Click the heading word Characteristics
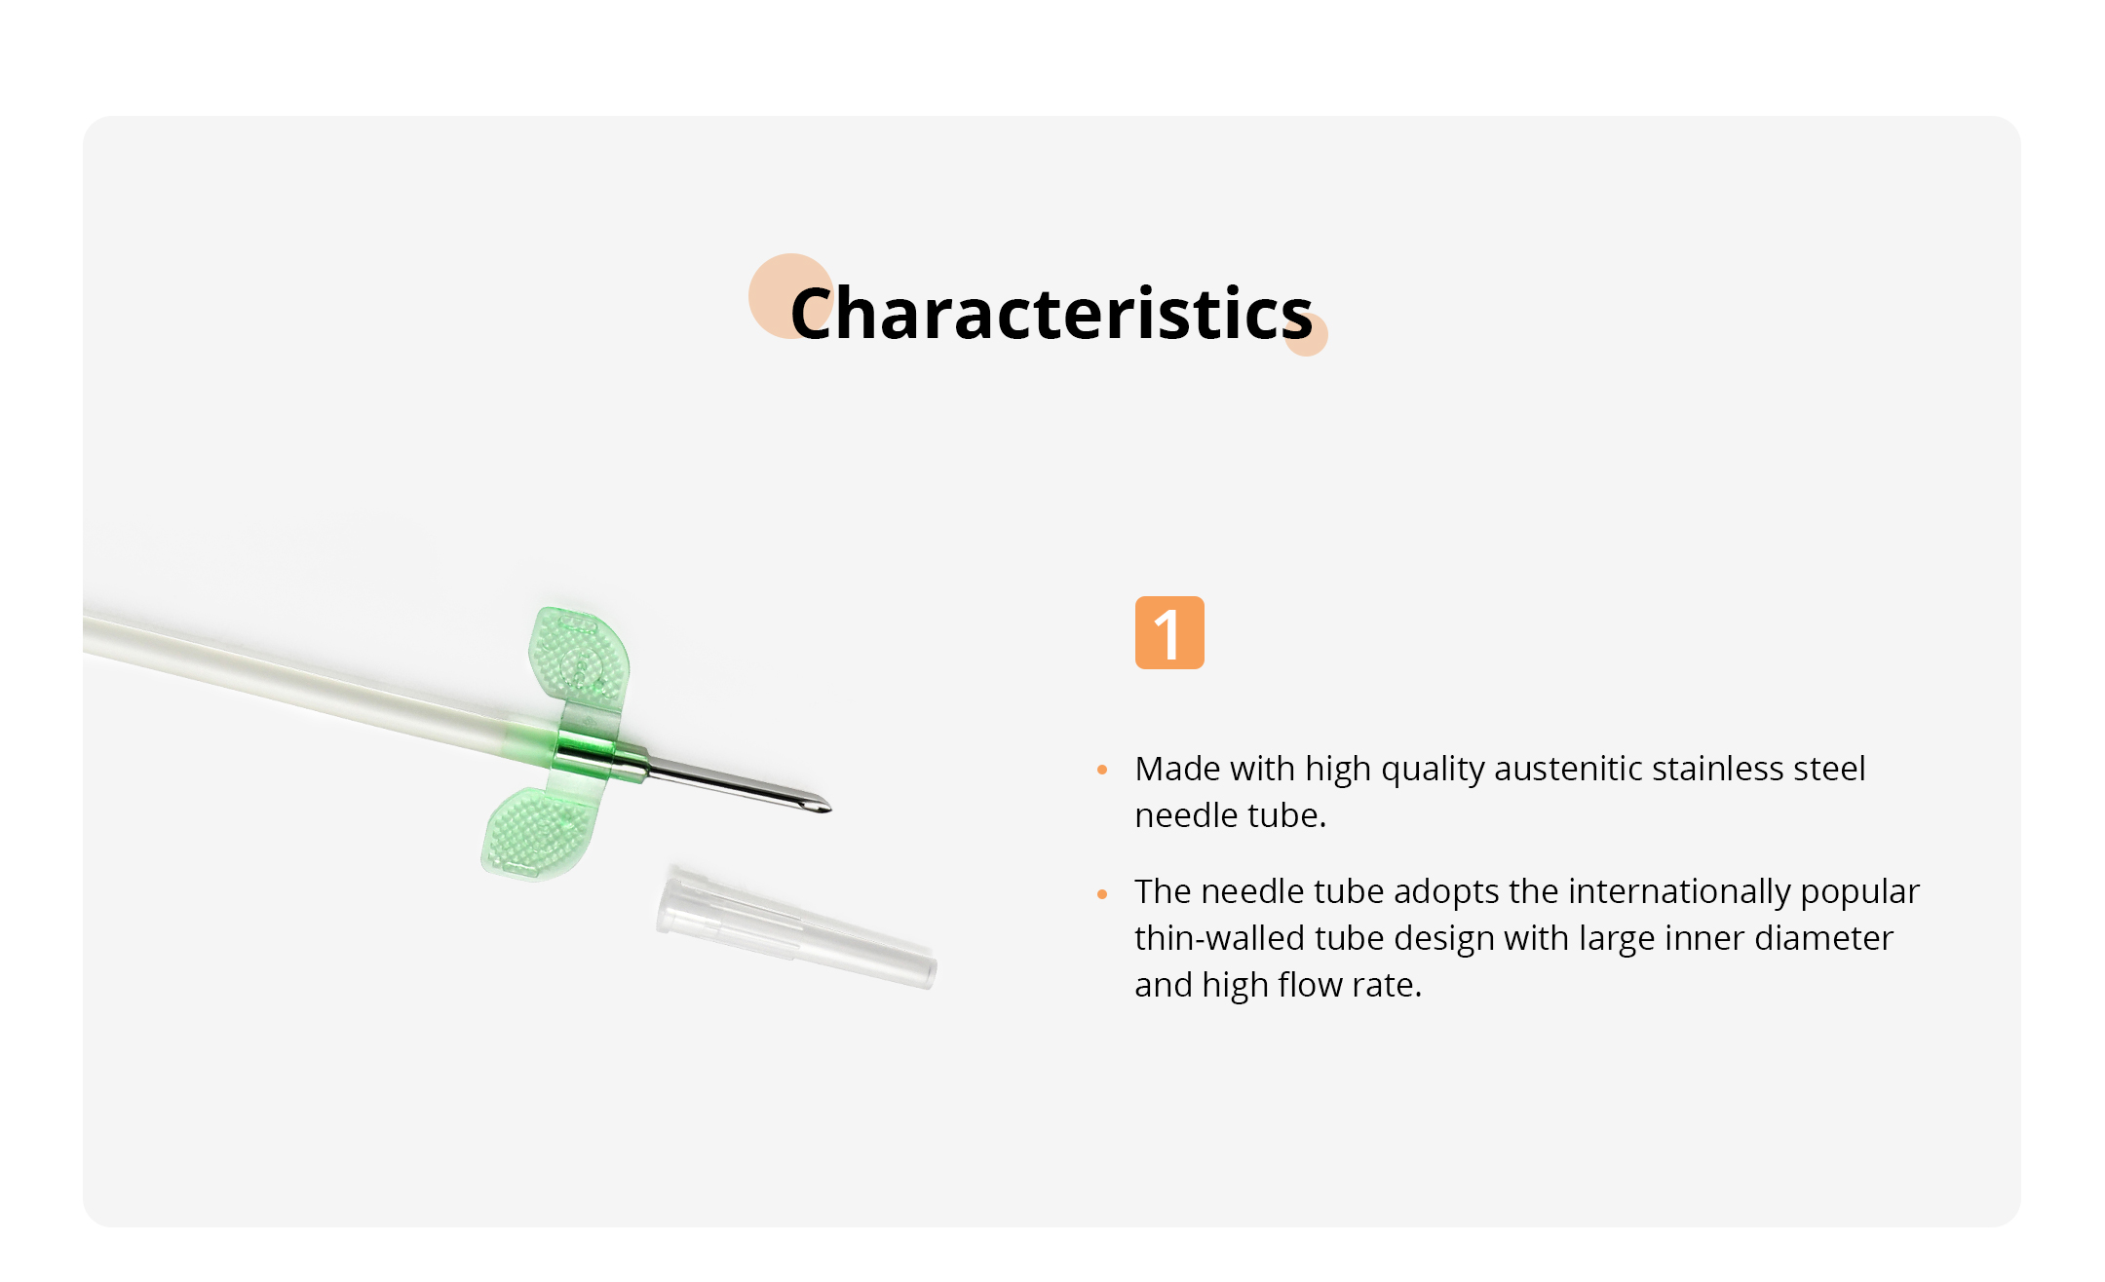click(1052, 314)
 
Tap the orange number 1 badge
click(1169, 632)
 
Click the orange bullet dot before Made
click(1102, 770)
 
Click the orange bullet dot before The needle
click(1102, 893)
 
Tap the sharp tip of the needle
click(829, 809)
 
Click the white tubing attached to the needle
click(292, 673)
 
